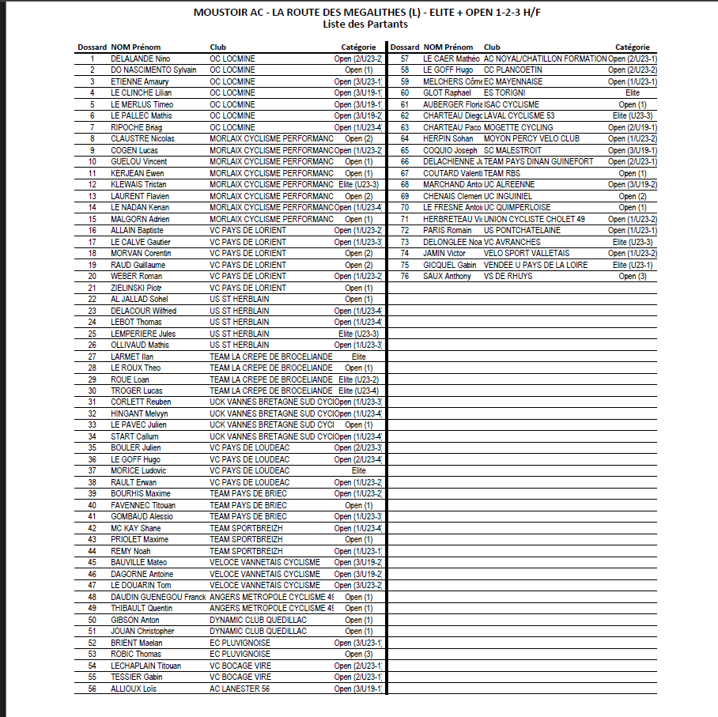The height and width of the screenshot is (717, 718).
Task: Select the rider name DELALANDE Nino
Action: coord(141,58)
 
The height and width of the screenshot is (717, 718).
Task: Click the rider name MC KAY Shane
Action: coord(135,528)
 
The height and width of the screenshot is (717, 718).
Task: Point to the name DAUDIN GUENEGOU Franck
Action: coord(158,597)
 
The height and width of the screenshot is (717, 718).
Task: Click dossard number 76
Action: coord(404,276)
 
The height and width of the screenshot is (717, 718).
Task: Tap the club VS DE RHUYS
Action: coord(508,276)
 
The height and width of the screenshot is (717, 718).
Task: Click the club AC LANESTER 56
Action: coord(240,689)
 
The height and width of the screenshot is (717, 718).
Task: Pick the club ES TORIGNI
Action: coord(504,92)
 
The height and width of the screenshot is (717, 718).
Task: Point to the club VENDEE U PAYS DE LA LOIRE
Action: coord(535,265)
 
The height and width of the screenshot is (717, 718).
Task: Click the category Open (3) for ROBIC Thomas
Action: coord(357,654)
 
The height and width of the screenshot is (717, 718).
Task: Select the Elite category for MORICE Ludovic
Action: coord(358,470)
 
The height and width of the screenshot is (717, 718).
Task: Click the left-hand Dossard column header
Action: coord(92,47)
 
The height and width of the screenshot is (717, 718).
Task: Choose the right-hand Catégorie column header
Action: coord(632,47)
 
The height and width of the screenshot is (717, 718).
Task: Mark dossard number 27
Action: coord(92,357)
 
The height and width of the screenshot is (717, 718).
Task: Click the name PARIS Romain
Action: coord(447,230)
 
